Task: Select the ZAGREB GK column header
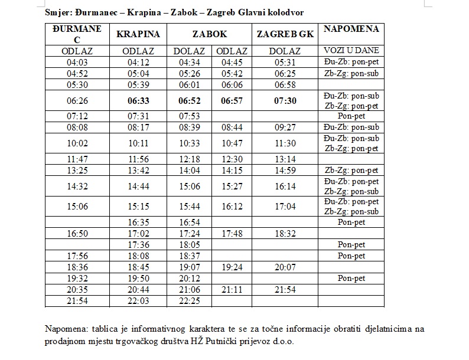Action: tap(285, 34)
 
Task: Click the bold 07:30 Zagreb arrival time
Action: tap(285, 101)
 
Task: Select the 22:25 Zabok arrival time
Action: tap(190, 301)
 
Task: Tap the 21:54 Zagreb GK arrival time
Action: tap(285, 290)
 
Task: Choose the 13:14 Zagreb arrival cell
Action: tap(285, 159)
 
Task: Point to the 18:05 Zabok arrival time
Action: tap(190, 244)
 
